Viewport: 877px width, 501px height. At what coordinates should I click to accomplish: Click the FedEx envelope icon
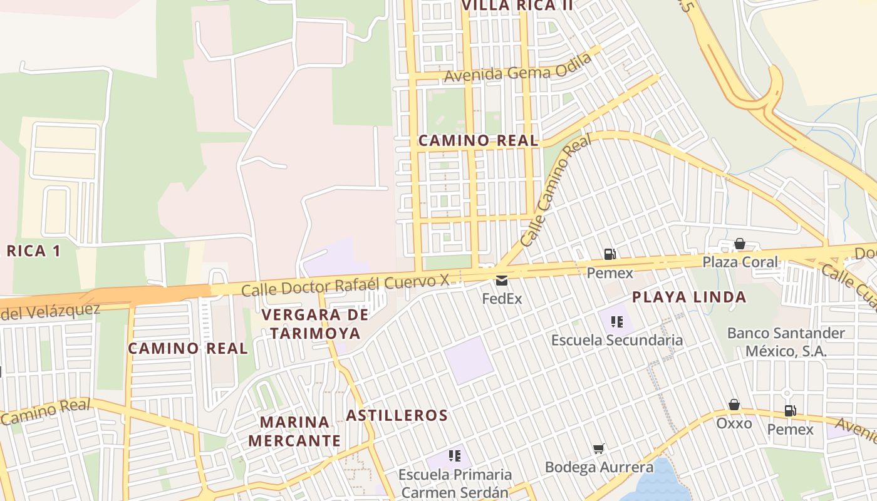point(502,280)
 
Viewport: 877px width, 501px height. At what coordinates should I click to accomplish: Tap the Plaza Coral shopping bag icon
point(740,244)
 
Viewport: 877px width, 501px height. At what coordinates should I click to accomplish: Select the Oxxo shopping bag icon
point(734,405)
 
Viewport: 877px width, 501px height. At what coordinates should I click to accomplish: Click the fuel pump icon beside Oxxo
point(790,411)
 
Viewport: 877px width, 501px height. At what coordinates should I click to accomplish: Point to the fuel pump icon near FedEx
point(610,254)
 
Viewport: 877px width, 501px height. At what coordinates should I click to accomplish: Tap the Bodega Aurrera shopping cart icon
point(599,448)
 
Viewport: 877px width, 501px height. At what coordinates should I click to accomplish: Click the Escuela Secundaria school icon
point(616,322)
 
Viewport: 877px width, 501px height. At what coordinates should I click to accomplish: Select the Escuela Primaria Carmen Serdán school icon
point(455,456)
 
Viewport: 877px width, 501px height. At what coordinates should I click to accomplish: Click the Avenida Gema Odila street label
point(518,68)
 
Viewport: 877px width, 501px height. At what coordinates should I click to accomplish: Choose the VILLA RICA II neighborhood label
point(517,6)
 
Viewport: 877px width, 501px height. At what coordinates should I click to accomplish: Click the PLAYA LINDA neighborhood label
point(689,297)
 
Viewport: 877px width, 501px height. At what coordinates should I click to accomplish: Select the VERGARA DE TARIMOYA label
point(311,324)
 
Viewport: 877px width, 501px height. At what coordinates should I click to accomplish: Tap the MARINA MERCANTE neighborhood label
point(294,431)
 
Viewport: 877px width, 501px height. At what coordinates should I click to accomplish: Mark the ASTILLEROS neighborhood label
point(397,415)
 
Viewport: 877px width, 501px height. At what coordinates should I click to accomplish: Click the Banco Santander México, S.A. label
point(786,342)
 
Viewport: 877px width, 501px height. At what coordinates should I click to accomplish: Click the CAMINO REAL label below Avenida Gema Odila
point(478,141)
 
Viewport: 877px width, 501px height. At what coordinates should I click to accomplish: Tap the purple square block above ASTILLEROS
point(469,360)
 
